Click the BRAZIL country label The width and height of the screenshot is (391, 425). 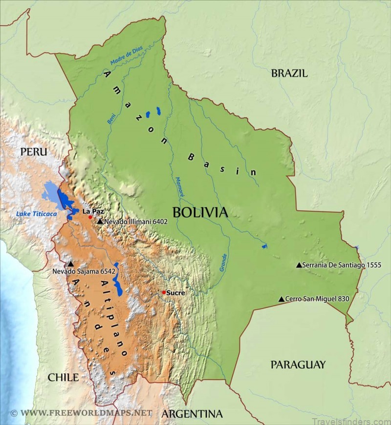289,74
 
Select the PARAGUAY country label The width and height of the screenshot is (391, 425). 298,364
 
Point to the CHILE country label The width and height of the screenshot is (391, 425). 63,377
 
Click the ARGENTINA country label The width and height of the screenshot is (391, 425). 192,414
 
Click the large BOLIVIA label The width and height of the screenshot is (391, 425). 200,212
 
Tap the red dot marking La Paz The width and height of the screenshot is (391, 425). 90,217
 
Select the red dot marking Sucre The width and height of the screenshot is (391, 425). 164,292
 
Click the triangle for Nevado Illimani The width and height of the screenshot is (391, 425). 100,222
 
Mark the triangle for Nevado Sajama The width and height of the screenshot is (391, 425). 71,264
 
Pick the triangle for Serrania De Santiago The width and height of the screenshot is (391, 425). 299,265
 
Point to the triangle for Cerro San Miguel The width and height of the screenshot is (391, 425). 281,299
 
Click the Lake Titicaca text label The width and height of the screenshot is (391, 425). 37,214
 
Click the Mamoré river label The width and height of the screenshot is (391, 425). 180,187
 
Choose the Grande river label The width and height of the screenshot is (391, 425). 223,263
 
